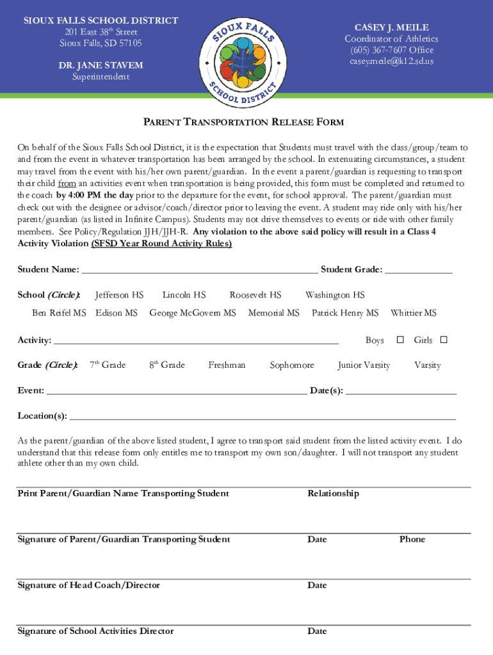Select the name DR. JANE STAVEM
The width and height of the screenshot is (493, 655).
[101, 65]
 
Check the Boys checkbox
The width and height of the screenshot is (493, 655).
[400, 340]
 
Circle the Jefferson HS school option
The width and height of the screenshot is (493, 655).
[119, 295]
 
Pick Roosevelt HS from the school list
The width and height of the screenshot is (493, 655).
[255, 295]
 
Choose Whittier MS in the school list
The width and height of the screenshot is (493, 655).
[413, 313]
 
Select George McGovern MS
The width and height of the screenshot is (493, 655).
[192, 313]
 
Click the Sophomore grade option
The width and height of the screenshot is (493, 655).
[291, 365]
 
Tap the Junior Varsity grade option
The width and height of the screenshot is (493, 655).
[364, 365]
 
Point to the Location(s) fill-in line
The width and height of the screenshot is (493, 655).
[263, 416]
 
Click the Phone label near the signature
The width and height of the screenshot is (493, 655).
[412, 539]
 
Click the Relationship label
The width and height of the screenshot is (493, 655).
[333, 493]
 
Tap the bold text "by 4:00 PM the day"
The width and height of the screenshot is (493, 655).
[95, 195]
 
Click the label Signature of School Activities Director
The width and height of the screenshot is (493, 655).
[95, 631]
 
